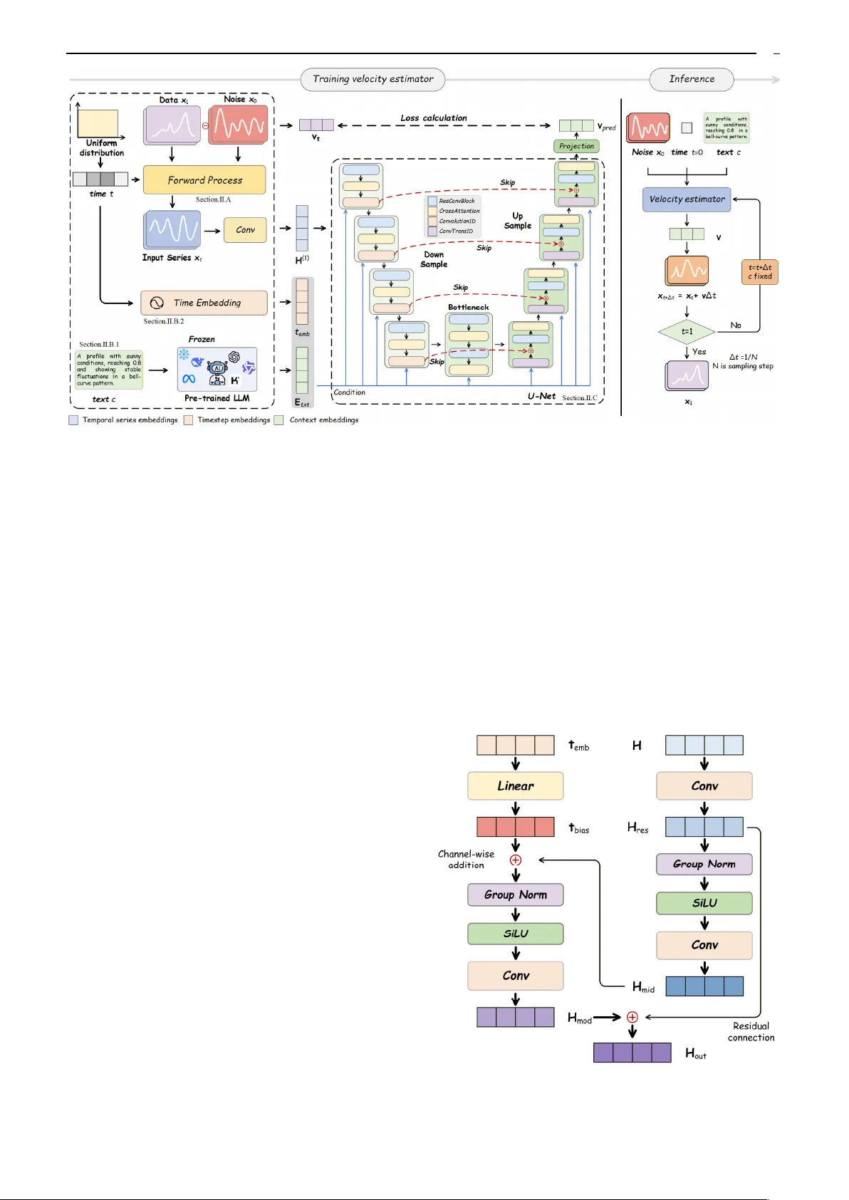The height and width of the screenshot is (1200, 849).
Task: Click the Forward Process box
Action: click(x=204, y=180)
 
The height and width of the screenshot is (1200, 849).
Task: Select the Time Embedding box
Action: click(x=204, y=303)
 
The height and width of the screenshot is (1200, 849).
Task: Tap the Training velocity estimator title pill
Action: click(x=373, y=79)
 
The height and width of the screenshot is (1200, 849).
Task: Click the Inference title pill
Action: click(x=691, y=79)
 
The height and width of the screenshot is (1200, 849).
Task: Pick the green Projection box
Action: click(x=576, y=146)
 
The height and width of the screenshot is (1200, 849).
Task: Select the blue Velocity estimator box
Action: click(x=687, y=199)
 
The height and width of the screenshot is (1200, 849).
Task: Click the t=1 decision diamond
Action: click(x=687, y=331)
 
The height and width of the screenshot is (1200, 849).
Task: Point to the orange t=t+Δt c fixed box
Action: click(x=759, y=272)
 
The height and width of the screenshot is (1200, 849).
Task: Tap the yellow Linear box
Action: click(x=515, y=786)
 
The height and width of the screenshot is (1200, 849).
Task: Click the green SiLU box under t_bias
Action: click(x=515, y=934)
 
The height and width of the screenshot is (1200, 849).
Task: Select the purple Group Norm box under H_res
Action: click(x=704, y=864)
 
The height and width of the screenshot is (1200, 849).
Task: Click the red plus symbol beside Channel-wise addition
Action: click(x=516, y=860)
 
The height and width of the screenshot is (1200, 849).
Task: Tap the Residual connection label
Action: click(x=751, y=1032)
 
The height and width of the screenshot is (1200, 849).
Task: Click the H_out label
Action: click(x=695, y=1053)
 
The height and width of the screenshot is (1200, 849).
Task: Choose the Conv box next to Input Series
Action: click(x=245, y=230)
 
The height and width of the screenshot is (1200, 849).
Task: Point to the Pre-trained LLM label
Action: click(x=217, y=398)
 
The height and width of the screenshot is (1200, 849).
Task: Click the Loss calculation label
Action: click(x=433, y=118)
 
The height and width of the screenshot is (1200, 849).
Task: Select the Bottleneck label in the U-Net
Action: click(x=468, y=307)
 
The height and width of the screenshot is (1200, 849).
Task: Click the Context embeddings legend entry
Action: click(x=323, y=420)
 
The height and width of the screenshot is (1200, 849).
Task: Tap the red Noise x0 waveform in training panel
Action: click(x=238, y=125)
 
